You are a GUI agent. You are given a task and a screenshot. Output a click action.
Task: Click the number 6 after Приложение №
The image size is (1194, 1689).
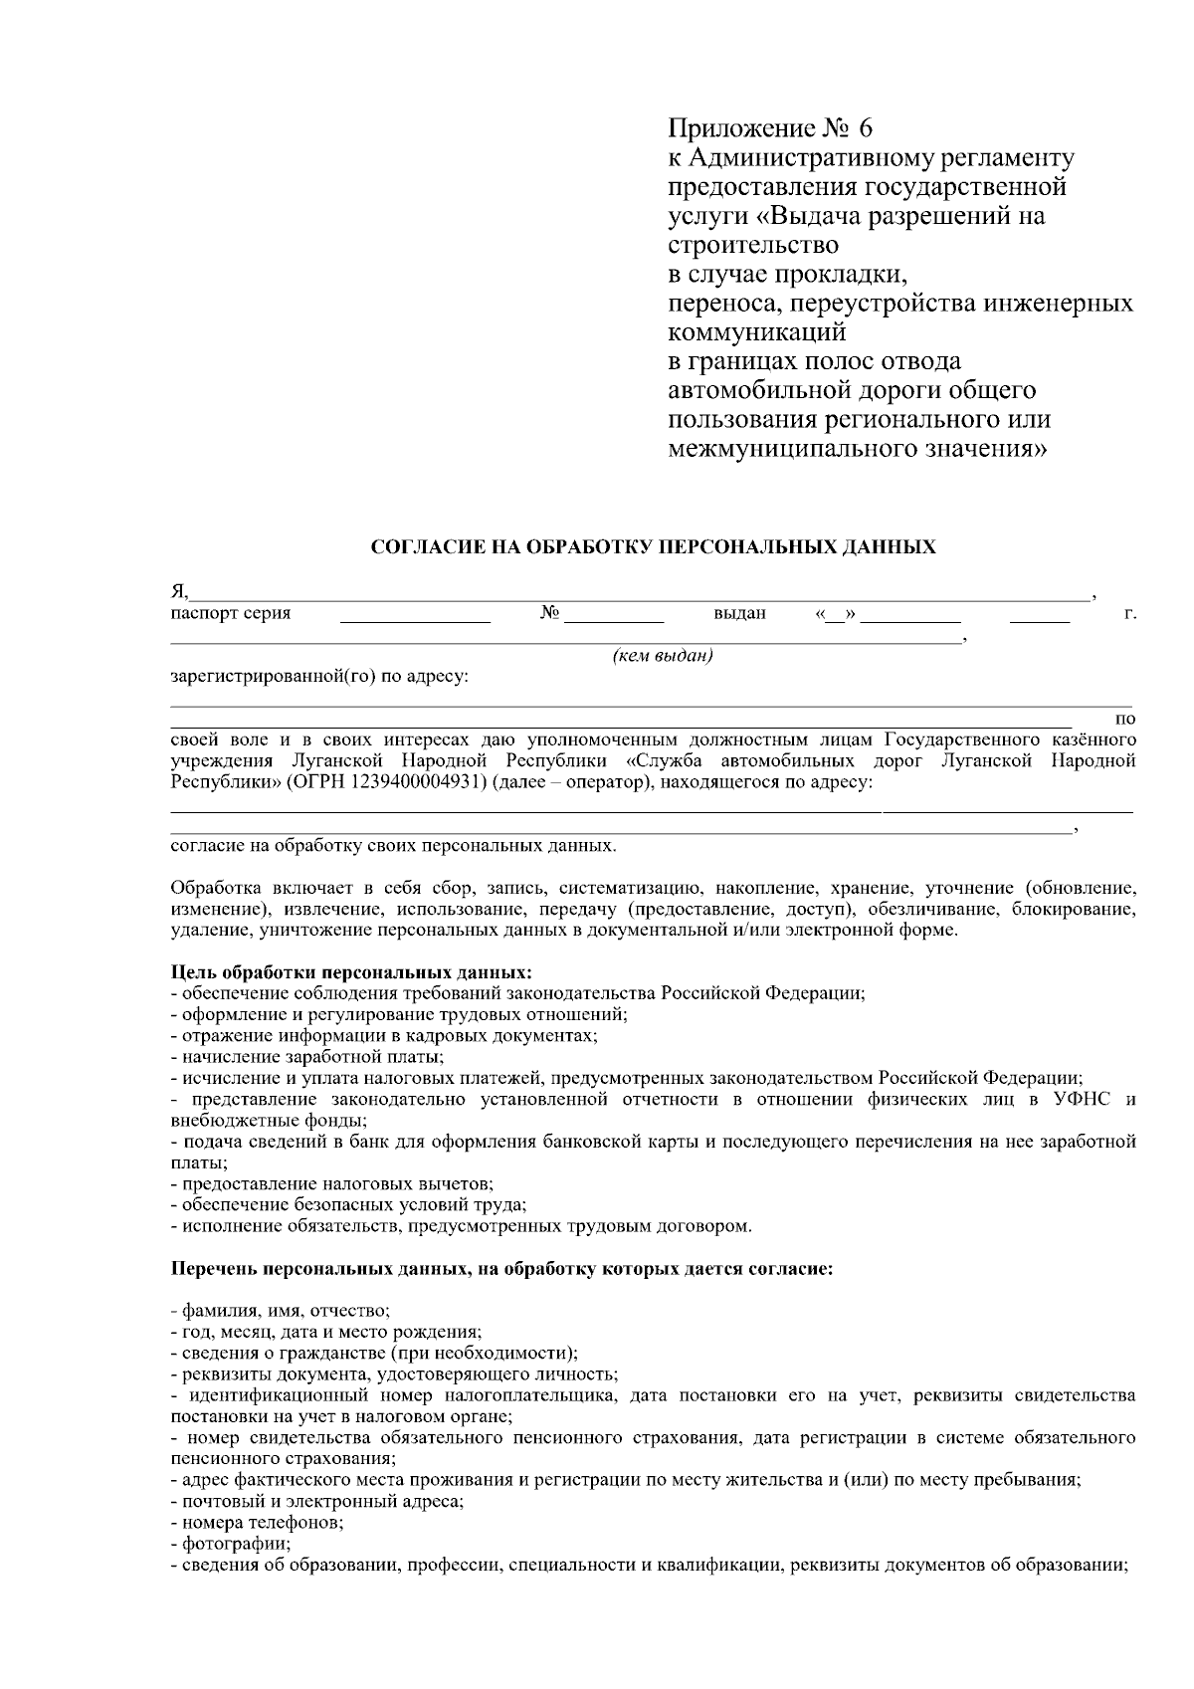coord(862,128)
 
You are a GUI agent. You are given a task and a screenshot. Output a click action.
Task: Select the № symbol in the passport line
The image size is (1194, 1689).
coord(547,613)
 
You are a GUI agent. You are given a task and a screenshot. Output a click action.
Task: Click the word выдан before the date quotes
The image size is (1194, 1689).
coord(739,613)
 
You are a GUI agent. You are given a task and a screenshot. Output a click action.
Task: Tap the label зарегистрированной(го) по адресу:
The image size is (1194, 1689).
coord(319,678)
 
